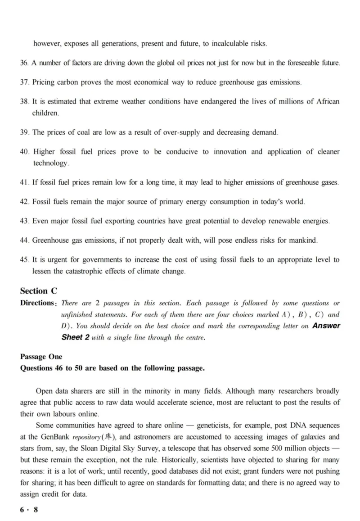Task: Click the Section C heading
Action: (x=39, y=291)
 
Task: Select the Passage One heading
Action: (x=41, y=356)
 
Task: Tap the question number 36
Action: (x=24, y=63)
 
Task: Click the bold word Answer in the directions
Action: (x=326, y=326)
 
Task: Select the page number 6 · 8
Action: (x=29, y=510)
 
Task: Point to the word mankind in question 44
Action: (x=304, y=240)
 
